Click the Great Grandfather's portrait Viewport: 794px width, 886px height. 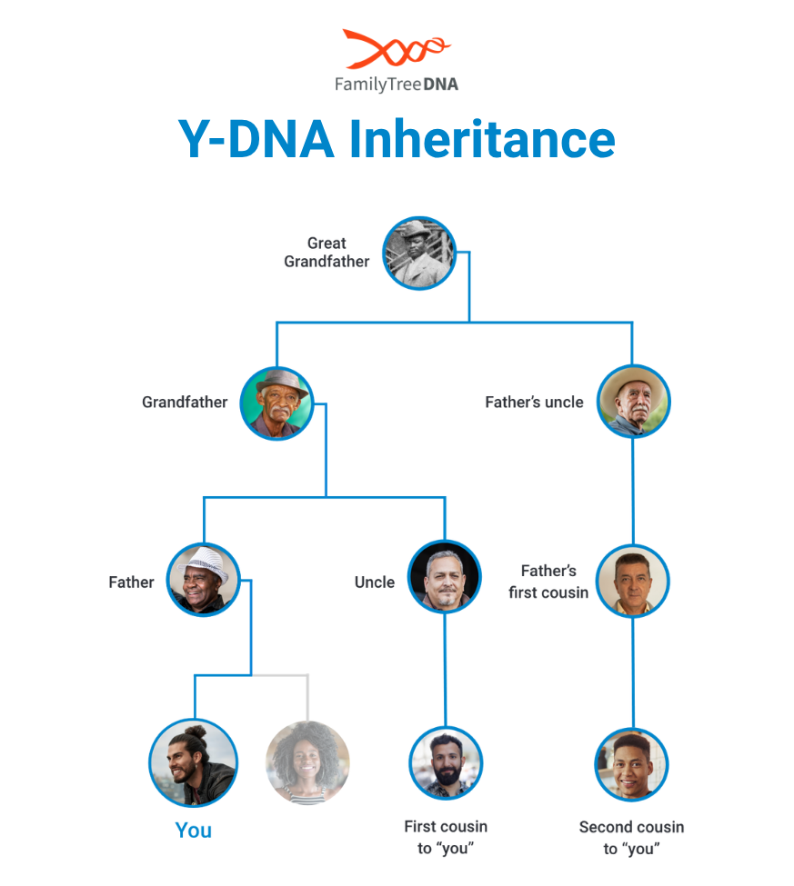pyautogui.click(x=418, y=253)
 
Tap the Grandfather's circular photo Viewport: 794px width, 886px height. pyautogui.click(x=276, y=403)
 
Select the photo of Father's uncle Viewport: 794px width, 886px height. pyautogui.click(x=633, y=401)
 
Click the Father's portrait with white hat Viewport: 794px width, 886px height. pyautogui.click(x=204, y=580)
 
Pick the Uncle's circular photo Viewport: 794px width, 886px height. pyautogui.click(x=445, y=576)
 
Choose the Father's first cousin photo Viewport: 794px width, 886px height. pyautogui.click(x=633, y=581)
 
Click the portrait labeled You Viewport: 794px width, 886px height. pyautogui.click(x=193, y=763)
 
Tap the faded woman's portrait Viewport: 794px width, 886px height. pyautogui.click(x=307, y=763)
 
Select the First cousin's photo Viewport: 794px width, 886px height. pyautogui.click(x=446, y=762)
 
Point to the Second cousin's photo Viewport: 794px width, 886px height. pyautogui.click(x=632, y=763)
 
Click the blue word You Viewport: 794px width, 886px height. pyautogui.click(x=193, y=831)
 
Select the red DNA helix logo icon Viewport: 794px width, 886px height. pyautogui.click(x=396, y=51)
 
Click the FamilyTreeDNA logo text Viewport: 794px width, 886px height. pyautogui.click(x=396, y=85)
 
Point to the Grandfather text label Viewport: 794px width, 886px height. pyautogui.click(x=185, y=402)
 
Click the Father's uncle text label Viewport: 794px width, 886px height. pyautogui.click(x=534, y=402)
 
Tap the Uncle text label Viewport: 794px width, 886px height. pyautogui.click(x=374, y=582)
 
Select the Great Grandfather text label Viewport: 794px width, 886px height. pyautogui.click(x=327, y=252)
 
